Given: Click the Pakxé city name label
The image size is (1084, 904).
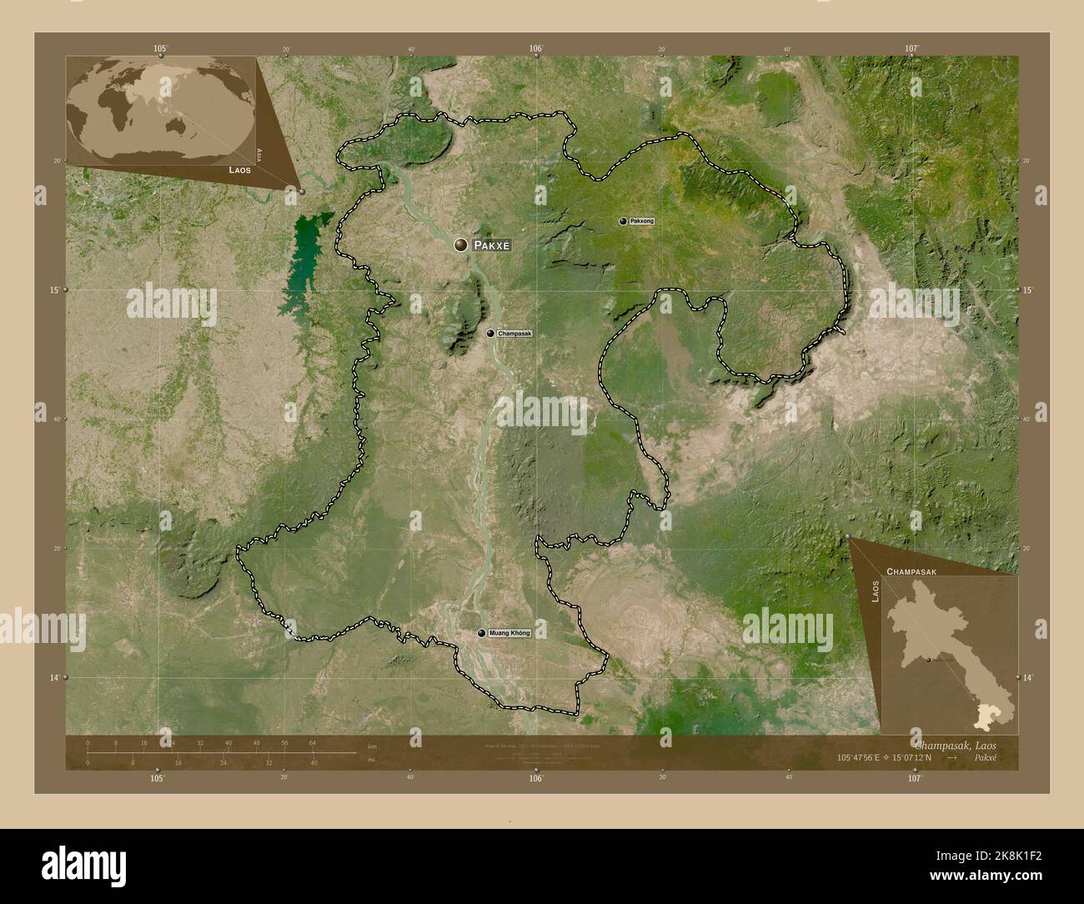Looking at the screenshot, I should point(490,245).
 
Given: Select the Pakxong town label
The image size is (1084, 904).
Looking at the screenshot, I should point(643,221).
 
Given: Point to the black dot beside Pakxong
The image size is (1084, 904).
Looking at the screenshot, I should point(623,221).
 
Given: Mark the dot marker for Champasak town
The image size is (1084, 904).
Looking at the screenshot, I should point(490,334).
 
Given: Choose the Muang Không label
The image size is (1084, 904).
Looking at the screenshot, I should point(509,633).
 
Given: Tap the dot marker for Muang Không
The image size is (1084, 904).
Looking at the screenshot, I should point(481,633).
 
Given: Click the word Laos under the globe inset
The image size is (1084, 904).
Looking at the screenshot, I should point(240,169).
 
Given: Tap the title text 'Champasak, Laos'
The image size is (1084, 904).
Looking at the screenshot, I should point(957,744).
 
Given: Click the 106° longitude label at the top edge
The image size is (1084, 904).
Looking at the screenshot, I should point(536,49).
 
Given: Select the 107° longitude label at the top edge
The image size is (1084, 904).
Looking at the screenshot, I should point(914,49).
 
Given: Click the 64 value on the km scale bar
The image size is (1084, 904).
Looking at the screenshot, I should point(312,742).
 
